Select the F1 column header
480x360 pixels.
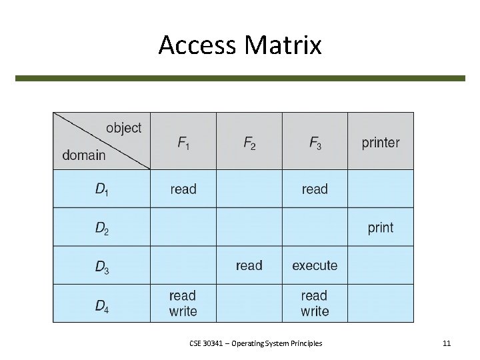tap(183, 143)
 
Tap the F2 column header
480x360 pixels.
tap(249, 143)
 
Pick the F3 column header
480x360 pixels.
tap(315, 143)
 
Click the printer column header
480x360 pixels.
tap(381, 143)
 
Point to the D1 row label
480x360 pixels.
tap(101, 189)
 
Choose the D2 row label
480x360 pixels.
tap(101, 228)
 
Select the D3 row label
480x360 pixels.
tap(101, 267)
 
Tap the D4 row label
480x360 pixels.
tap(101, 305)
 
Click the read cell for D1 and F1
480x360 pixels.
tap(183, 189)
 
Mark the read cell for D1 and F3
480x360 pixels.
tap(315, 189)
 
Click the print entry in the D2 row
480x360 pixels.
tap(381, 228)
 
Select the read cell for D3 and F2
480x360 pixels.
tap(249, 266)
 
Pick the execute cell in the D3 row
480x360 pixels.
tap(315, 266)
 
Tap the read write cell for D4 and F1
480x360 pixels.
tap(183, 303)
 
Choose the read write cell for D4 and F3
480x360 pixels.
tap(315, 303)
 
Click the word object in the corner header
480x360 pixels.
tap(123, 128)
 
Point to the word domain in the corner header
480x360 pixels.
tap(84, 155)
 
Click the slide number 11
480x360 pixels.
tap(447, 343)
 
